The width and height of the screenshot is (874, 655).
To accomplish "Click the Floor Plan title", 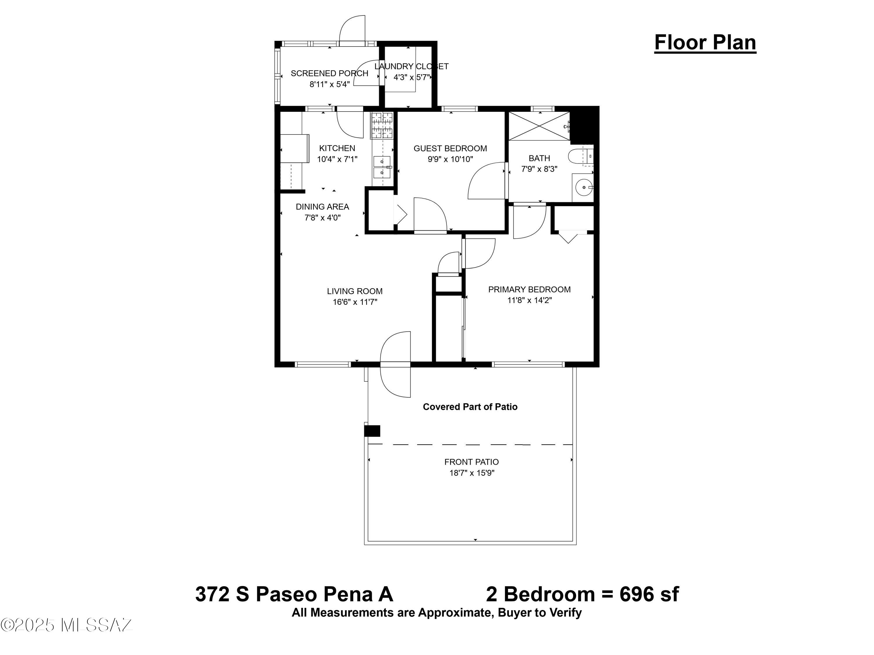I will point(705,43).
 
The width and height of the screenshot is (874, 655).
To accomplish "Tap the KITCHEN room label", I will point(337,148).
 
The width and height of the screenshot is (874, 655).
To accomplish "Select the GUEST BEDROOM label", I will point(450,148).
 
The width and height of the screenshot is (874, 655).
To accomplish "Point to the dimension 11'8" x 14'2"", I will point(529,300).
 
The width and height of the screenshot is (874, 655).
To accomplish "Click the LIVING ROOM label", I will point(355,291).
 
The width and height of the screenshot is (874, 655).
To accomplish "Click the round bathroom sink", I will point(584,187).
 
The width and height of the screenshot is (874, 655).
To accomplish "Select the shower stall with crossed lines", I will point(539,125).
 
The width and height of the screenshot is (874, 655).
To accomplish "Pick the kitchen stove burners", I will point(382,125).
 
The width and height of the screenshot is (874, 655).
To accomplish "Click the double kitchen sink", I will point(382,167).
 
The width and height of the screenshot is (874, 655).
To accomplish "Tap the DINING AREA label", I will point(323,207).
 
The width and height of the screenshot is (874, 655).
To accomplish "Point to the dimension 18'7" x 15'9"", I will point(472,473).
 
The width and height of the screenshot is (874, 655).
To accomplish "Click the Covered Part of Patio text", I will point(470,407).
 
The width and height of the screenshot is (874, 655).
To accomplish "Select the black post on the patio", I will point(372,431).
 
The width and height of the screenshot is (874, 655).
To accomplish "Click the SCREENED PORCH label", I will point(329,73).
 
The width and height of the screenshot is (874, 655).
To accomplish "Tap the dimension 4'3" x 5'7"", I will point(411,77).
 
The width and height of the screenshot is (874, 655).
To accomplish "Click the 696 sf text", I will point(649,594).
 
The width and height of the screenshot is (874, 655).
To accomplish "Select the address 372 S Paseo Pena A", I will point(294,594).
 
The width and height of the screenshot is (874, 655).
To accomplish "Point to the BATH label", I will point(539,158).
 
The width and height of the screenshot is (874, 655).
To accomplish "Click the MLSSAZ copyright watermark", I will point(66,625).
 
